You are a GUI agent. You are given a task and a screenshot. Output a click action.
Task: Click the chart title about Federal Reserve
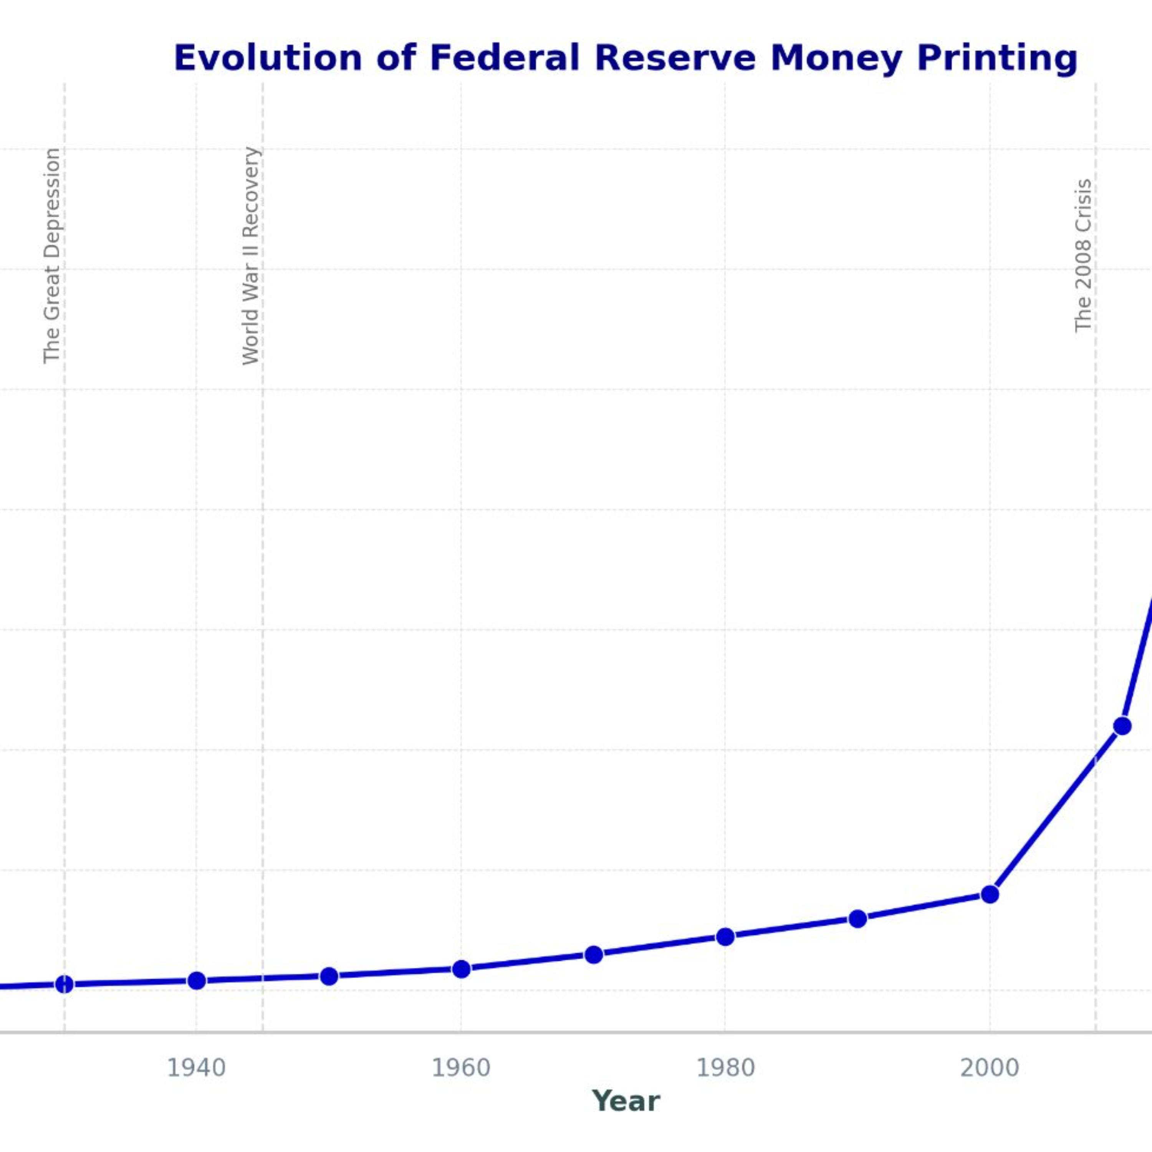click(626, 58)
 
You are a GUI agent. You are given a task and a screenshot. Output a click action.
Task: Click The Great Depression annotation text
click(52, 255)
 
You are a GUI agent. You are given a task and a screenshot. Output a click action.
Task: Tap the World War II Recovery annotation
click(251, 256)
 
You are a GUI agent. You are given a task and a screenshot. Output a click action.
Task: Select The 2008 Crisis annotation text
click(1083, 256)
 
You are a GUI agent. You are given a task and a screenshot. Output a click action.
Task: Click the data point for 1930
click(65, 985)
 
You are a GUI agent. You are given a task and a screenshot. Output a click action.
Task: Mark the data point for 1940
click(197, 981)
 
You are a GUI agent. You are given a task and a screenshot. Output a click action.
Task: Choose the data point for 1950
click(329, 976)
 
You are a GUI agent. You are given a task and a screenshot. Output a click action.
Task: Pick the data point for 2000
click(990, 894)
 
